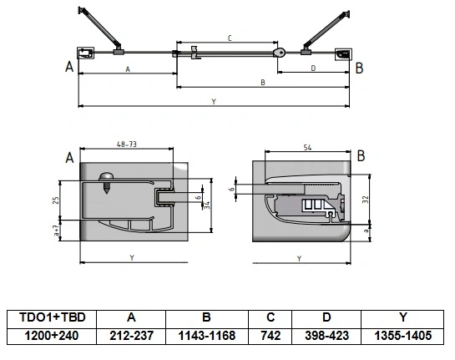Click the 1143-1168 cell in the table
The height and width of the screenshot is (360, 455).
207,336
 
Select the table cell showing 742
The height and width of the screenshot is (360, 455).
270,336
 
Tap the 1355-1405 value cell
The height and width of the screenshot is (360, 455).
402,336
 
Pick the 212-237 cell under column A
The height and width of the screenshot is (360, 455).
131,336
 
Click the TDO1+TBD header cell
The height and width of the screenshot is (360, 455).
52,318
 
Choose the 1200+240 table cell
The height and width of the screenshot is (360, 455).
52,336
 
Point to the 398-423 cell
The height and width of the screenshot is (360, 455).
326,336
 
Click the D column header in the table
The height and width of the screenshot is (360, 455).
326,318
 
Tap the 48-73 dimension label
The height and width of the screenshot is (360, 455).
127,144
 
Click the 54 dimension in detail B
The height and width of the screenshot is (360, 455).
307,148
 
